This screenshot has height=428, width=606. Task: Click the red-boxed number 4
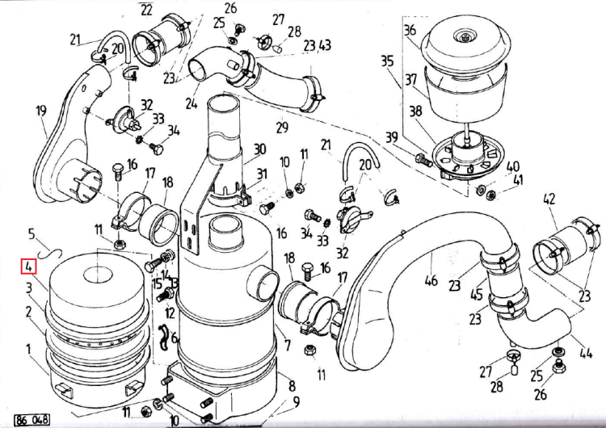point(28,266)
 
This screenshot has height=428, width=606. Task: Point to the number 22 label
point(145,10)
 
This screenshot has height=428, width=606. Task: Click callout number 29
point(282,127)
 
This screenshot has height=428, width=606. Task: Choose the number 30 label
point(259,149)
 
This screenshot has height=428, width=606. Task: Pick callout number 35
point(387,61)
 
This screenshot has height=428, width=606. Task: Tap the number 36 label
point(410,31)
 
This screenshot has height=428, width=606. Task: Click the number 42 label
point(549,199)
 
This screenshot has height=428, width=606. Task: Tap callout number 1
point(29,349)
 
